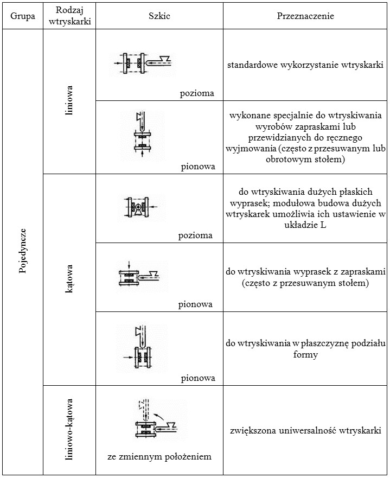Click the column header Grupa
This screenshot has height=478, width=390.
(x=23, y=16)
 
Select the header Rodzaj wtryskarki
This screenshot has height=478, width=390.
(x=73, y=16)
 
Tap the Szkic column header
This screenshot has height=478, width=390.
(x=159, y=16)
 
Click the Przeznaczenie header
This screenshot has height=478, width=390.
(x=305, y=16)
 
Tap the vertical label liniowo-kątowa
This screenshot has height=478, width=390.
(x=69, y=430)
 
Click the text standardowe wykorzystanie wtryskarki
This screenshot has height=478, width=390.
(x=305, y=65)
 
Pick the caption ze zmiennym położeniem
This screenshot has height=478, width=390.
(x=159, y=456)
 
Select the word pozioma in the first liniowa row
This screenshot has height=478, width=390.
(x=197, y=93)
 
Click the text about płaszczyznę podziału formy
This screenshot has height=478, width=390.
(x=305, y=349)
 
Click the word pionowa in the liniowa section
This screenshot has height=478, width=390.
(x=198, y=167)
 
